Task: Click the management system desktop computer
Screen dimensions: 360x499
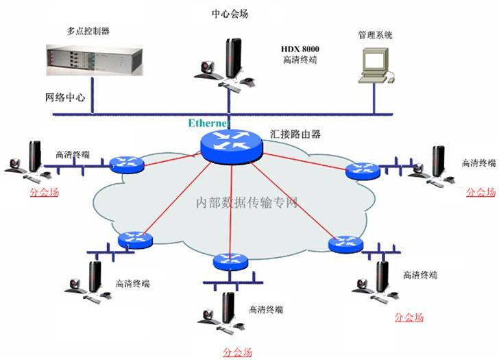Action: [376, 66]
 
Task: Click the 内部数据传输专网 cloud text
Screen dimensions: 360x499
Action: [246, 203]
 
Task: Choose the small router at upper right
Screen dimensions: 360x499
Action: [362, 169]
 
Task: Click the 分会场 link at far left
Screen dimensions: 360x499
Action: [45, 192]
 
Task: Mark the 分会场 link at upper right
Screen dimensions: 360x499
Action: [480, 192]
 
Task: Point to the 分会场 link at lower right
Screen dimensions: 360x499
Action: [409, 317]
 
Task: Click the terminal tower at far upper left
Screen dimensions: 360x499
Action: [33, 157]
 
